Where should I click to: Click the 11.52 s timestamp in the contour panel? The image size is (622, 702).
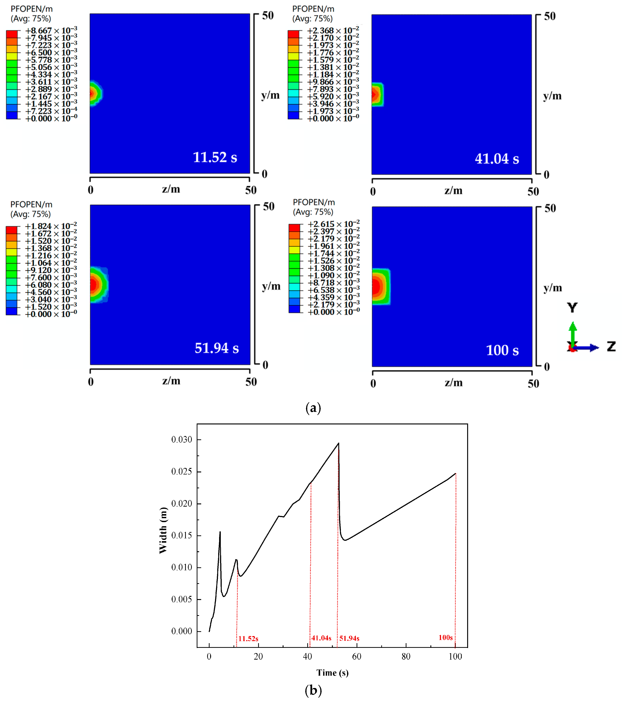[x=215, y=157]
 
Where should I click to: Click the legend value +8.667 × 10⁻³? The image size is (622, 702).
[x=51, y=31]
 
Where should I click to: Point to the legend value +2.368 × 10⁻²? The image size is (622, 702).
[x=333, y=31]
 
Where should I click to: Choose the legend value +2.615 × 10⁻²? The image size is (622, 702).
[x=333, y=224]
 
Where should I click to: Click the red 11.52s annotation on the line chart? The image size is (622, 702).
[x=248, y=638]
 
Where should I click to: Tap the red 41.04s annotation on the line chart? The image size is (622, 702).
[x=321, y=638]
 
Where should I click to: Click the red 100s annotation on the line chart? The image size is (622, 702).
[x=445, y=637]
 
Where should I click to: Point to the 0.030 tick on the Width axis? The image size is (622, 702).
[x=182, y=440]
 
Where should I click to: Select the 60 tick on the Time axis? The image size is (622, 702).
[x=357, y=656]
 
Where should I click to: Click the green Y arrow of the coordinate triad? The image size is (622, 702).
[x=572, y=331]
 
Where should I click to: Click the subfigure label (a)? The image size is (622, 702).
[x=313, y=408]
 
